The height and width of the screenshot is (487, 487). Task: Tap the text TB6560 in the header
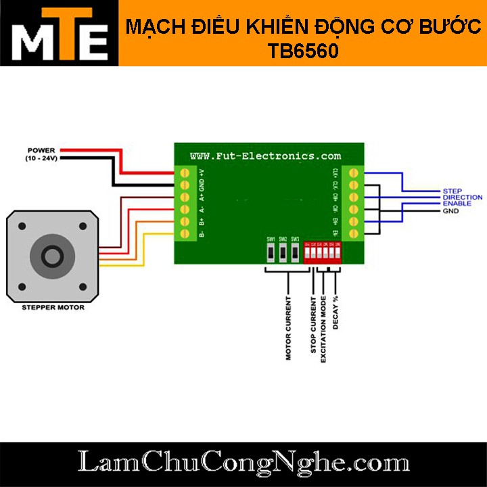point(302,51)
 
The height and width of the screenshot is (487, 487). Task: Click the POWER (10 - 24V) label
point(41,154)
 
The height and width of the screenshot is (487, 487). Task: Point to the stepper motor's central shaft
point(51,256)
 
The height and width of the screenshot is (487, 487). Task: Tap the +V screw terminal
point(185,173)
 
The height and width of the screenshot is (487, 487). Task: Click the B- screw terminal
point(185,234)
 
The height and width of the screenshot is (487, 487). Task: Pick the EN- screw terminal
point(352,234)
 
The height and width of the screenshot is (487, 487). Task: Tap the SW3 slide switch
point(295,253)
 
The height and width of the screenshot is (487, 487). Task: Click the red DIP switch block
point(323,254)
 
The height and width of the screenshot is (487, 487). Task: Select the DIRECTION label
point(462,198)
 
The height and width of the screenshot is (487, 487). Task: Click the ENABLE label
point(457,204)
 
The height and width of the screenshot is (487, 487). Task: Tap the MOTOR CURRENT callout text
point(289,328)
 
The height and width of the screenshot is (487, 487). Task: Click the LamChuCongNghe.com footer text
point(243,464)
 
